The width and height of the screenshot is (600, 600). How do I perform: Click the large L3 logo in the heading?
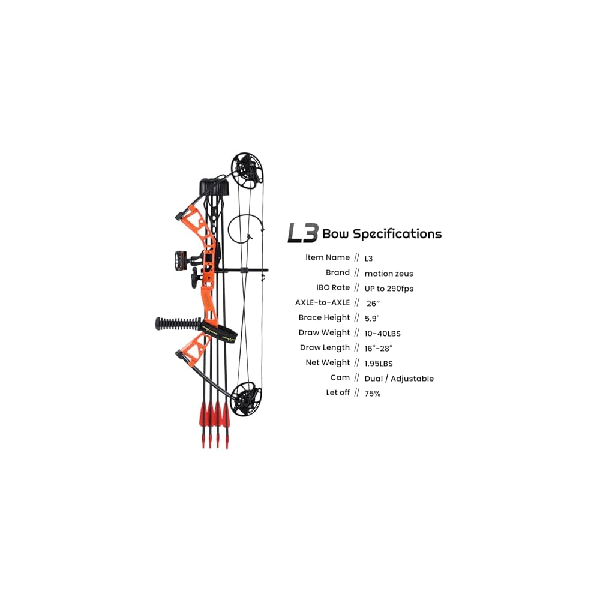[x=302, y=233]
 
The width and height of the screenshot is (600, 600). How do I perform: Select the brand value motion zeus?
[x=389, y=274]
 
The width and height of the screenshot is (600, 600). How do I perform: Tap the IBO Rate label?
[x=333, y=287]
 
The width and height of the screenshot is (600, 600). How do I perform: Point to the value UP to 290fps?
[x=389, y=289]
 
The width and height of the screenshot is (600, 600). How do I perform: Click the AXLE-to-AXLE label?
[x=322, y=302]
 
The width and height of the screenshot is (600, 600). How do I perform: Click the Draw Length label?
[x=325, y=347]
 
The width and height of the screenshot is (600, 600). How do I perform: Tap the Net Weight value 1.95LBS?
[x=379, y=363]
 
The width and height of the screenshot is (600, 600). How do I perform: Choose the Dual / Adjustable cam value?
[x=399, y=379]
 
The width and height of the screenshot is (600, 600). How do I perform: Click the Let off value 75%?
[x=373, y=394]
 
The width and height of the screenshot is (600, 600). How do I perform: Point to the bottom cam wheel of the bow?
[x=246, y=397]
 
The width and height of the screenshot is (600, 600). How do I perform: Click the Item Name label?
[x=328, y=257]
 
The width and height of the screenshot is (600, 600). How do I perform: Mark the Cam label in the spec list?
[x=340, y=377]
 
